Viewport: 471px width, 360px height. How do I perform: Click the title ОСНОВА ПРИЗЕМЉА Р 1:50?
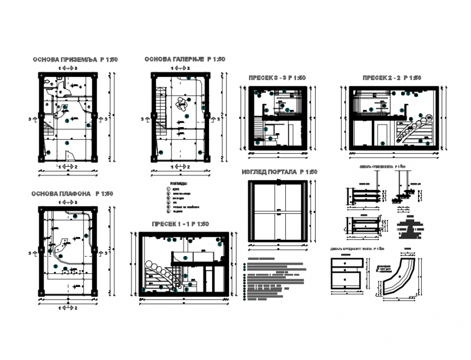tap(75, 60)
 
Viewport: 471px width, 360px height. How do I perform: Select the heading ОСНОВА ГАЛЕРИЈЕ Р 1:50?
tap(184, 60)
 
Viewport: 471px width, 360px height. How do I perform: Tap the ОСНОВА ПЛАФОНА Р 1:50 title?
tap(72, 193)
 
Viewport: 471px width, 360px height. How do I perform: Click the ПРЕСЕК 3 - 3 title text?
tap(277, 78)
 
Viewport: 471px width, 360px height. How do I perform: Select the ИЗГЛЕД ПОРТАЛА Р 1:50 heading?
tap(279, 172)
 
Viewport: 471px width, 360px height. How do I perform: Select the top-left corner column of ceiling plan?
tap(41, 211)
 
